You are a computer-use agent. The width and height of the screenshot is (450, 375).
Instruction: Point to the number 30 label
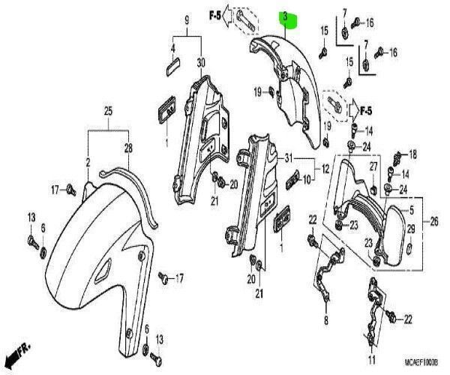(x=200, y=61)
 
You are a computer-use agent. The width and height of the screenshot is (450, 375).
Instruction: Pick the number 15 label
(x=325, y=30)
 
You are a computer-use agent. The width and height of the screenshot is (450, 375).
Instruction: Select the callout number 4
(x=172, y=50)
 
